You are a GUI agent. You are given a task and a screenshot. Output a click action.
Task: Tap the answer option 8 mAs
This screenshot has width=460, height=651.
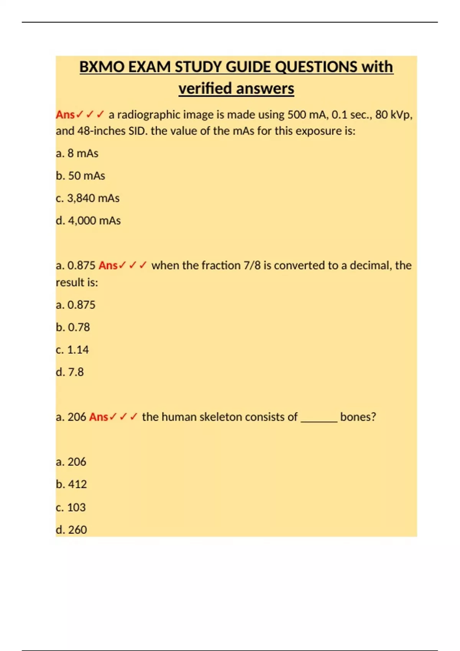click(x=77, y=153)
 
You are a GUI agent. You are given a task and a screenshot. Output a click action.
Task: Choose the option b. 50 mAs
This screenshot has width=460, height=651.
click(x=80, y=176)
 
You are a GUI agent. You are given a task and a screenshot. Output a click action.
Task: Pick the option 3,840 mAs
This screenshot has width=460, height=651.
click(x=88, y=198)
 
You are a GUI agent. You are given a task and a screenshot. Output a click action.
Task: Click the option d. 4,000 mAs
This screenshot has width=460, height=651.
click(x=88, y=221)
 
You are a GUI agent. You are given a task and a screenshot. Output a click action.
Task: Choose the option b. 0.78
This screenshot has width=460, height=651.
click(x=73, y=327)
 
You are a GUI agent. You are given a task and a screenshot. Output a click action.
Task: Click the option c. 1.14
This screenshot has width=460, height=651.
click(x=72, y=350)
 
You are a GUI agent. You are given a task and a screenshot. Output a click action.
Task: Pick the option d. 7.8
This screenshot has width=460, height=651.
click(x=70, y=372)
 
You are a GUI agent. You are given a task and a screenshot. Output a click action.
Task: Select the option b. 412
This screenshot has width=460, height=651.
click(x=71, y=484)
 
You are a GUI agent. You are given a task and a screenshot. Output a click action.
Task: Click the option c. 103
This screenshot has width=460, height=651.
click(x=71, y=507)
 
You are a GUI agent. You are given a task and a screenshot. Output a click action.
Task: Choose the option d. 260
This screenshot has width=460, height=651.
click(x=71, y=530)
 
